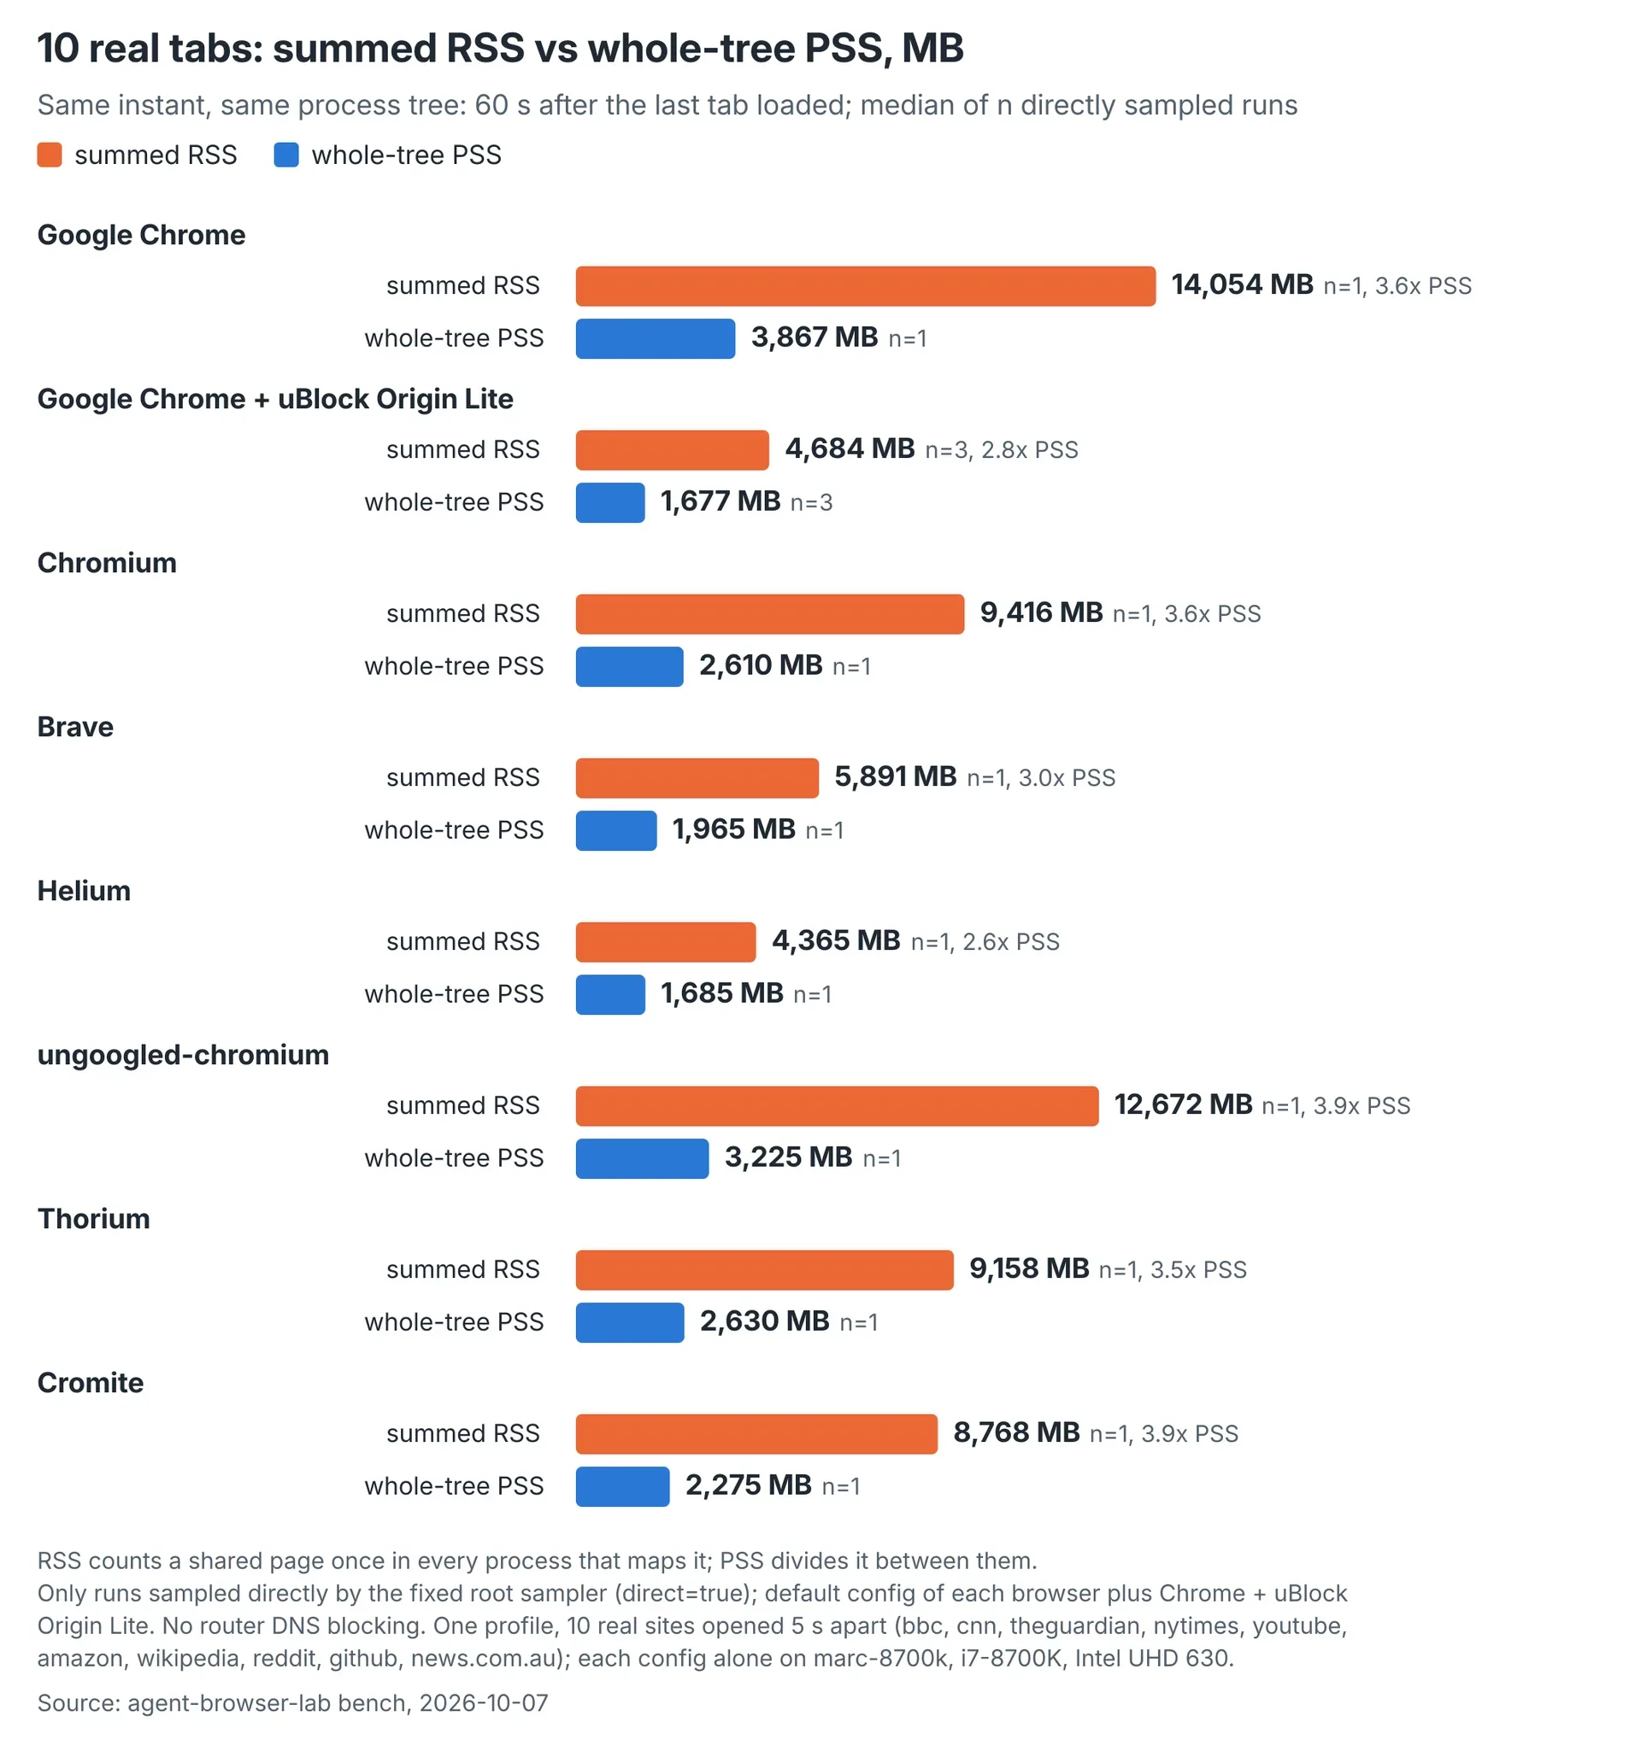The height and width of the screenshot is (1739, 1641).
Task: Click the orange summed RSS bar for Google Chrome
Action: (x=866, y=286)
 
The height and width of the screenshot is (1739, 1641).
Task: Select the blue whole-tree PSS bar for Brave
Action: (x=616, y=830)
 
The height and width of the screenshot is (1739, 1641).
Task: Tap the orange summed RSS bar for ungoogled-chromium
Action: (x=837, y=1106)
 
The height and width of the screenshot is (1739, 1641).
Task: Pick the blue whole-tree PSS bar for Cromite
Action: (x=622, y=1486)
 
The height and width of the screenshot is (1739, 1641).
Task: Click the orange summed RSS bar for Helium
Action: (x=666, y=942)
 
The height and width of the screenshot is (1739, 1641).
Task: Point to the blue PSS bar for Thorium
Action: (x=630, y=1323)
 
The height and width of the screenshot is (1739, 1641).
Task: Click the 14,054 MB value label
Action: (x=1242, y=284)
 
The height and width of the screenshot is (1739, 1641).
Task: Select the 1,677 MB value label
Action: (x=721, y=501)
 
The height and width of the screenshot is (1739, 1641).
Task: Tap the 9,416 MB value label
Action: (x=1042, y=612)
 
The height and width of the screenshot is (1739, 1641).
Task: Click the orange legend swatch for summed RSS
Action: (x=50, y=155)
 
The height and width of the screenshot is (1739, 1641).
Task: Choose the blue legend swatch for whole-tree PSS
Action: (x=286, y=155)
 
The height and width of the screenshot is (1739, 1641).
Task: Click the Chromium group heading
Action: (x=107, y=563)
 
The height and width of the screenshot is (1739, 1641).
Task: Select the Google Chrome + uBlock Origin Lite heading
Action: (x=275, y=399)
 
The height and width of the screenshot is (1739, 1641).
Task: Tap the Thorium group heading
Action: (x=94, y=1219)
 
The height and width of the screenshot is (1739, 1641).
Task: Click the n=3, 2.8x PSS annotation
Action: (x=1001, y=449)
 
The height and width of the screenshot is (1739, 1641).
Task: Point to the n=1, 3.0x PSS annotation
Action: (x=1041, y=777)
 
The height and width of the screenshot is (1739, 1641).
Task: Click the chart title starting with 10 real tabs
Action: (x=501, y=48)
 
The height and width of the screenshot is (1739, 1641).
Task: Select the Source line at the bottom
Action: (x=292, y=1703)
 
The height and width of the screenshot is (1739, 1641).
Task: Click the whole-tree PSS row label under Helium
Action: (x=454, y=994)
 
